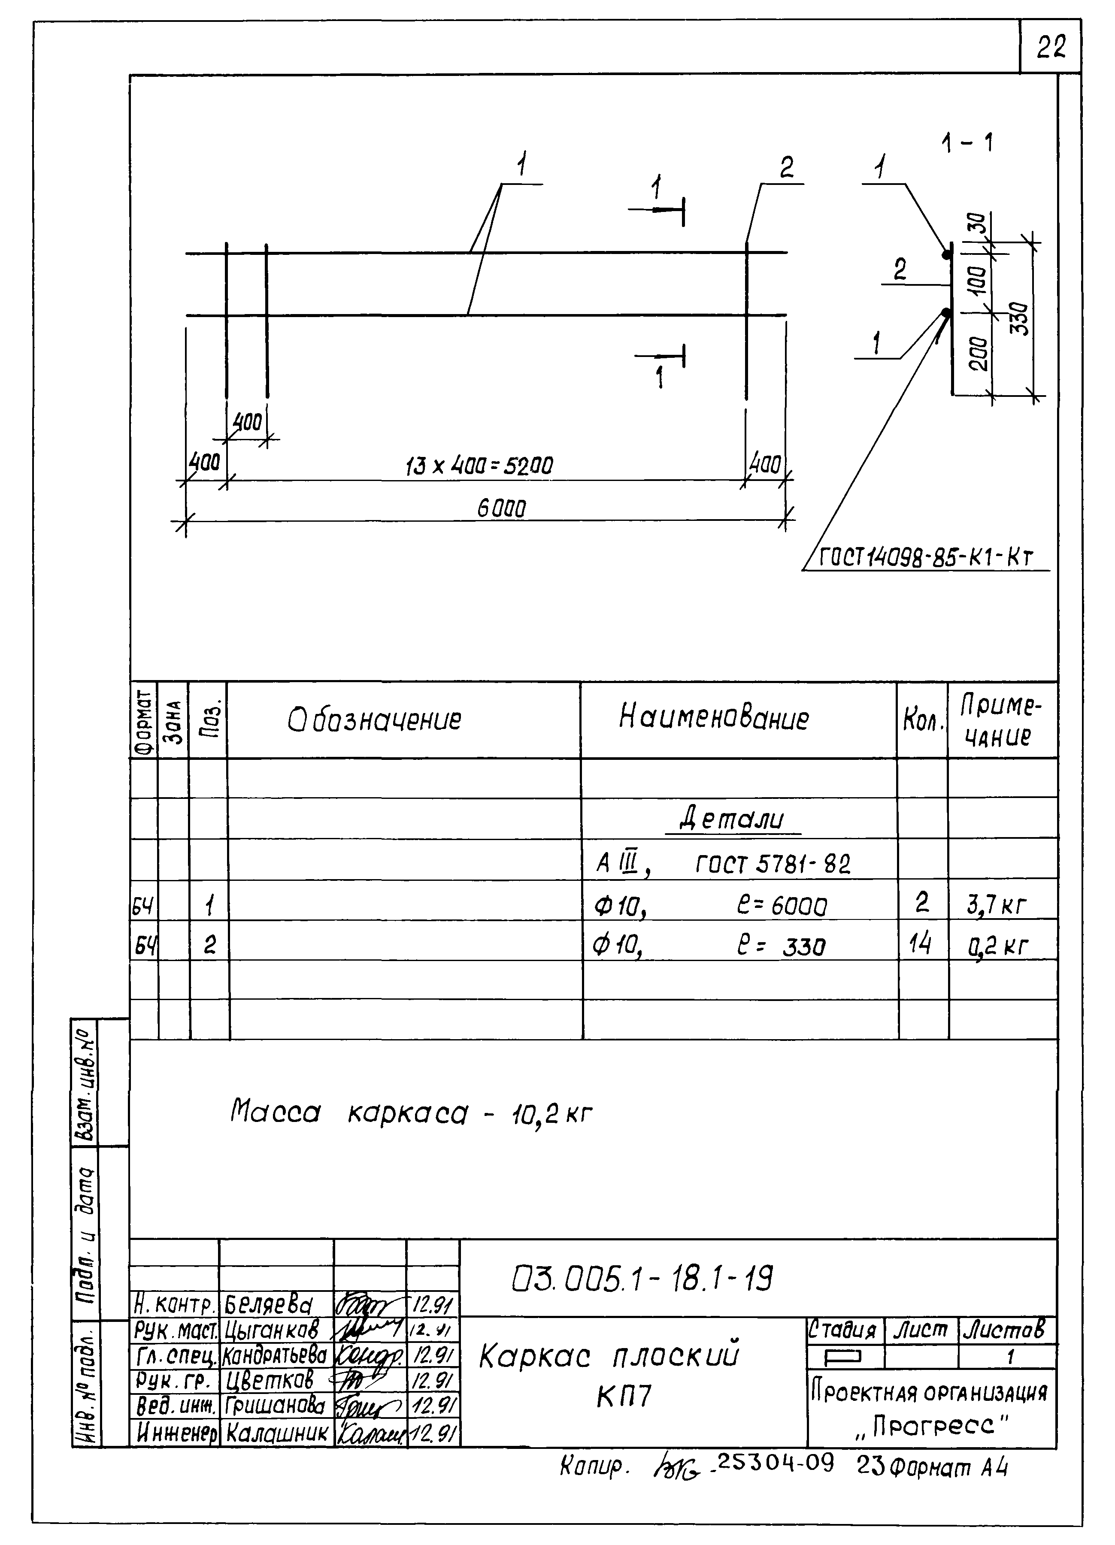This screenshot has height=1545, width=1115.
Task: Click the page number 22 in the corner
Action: coord(1050,47)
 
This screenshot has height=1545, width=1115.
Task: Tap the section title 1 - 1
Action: coord(967,143)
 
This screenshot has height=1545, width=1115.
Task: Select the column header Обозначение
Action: coord(374,720)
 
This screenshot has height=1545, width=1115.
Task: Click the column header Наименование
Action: coord(714,718)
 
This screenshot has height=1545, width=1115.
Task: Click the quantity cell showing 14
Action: coord(920,944)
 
